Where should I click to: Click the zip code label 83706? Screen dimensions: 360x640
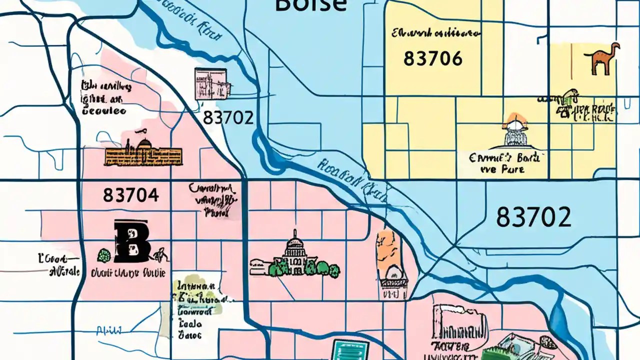pos(432,59)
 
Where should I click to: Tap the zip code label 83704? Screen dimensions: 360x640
pos(131,195)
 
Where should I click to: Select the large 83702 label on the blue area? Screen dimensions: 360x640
pos(533,217)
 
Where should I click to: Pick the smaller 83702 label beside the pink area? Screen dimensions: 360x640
pos(228,118)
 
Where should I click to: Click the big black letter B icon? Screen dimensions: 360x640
pos(131,241)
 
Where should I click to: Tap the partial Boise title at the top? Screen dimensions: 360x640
pos(310,5)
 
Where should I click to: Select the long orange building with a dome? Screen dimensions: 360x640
pos(143,152)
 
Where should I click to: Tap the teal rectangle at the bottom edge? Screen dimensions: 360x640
pos(350,349)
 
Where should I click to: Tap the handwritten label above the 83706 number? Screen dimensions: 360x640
pos(435,33)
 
